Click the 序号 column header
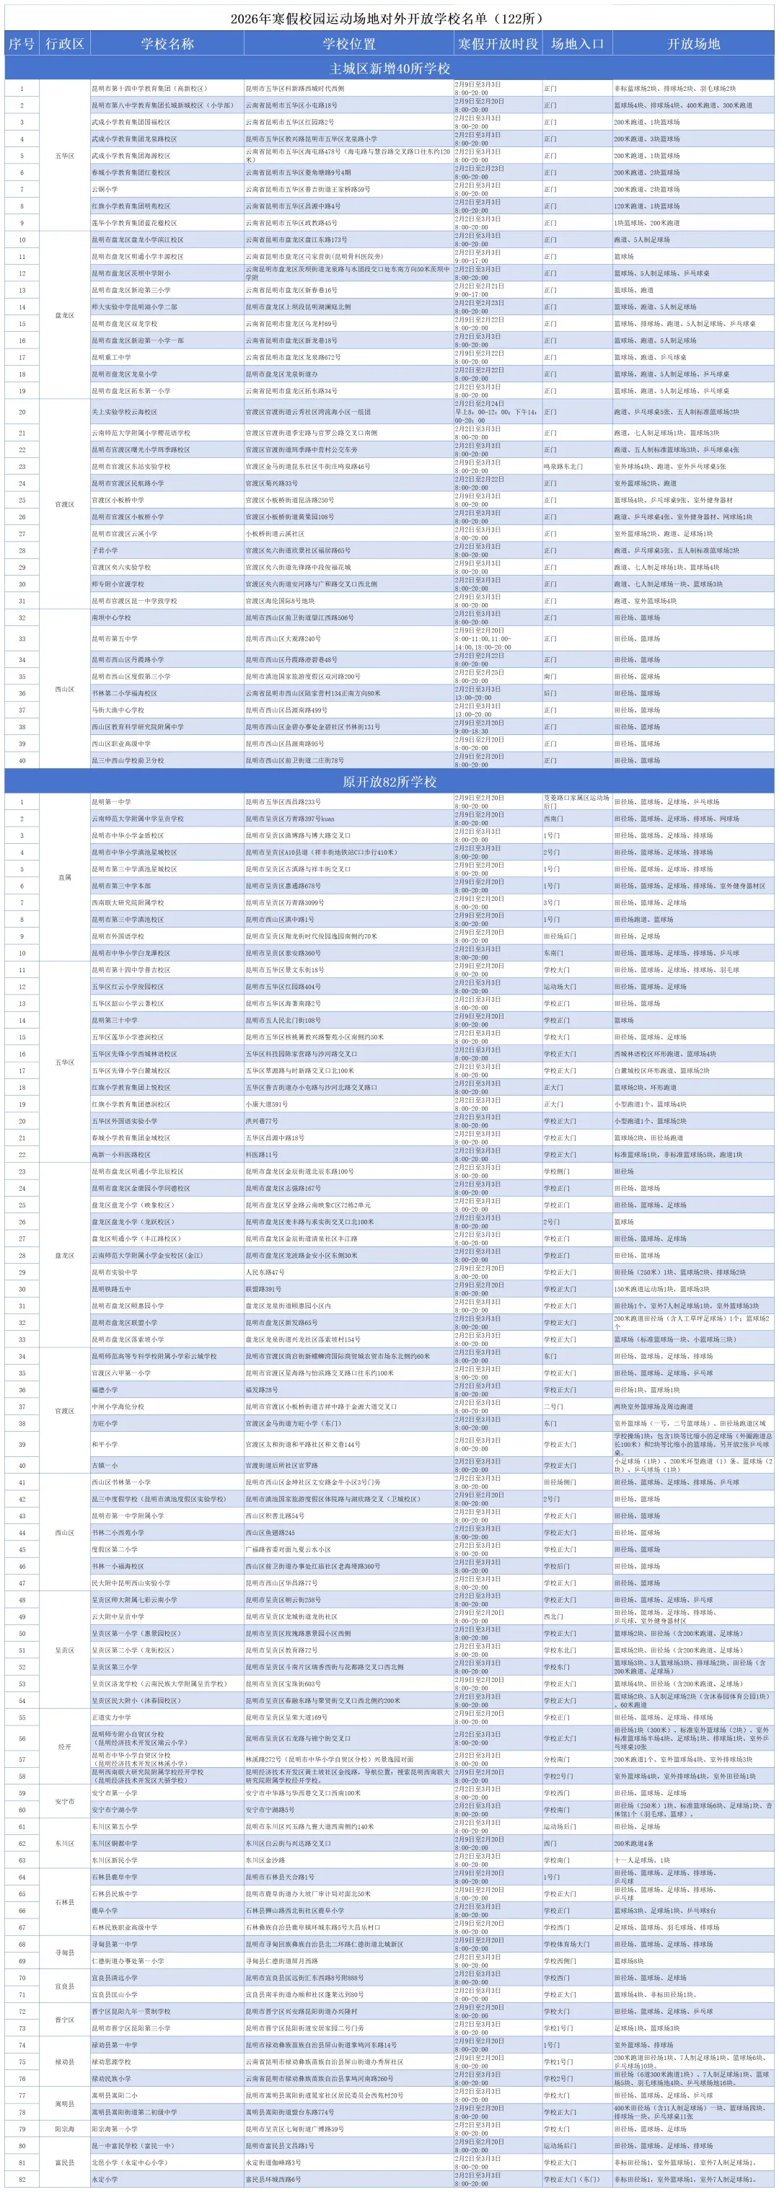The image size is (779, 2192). coord(22,43)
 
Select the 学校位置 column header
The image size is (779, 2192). coord(348,43)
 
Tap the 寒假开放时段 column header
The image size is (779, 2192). coord(498,43)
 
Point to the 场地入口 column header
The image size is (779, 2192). coord(577,43)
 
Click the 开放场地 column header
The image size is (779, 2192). coord(693,43)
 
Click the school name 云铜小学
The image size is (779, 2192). coord(105,189)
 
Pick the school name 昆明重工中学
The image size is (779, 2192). coord(112,357)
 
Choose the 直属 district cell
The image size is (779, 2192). coord(65,877)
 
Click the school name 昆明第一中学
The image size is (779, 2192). coord(112,801)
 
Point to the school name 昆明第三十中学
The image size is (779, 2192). coord(114,1021)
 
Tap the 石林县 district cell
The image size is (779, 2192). coord(65,1902)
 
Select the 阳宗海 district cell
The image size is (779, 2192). coord(65,2129)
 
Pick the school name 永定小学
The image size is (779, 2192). coord(105,2179)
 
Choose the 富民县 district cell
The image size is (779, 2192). coord(65,2162)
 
